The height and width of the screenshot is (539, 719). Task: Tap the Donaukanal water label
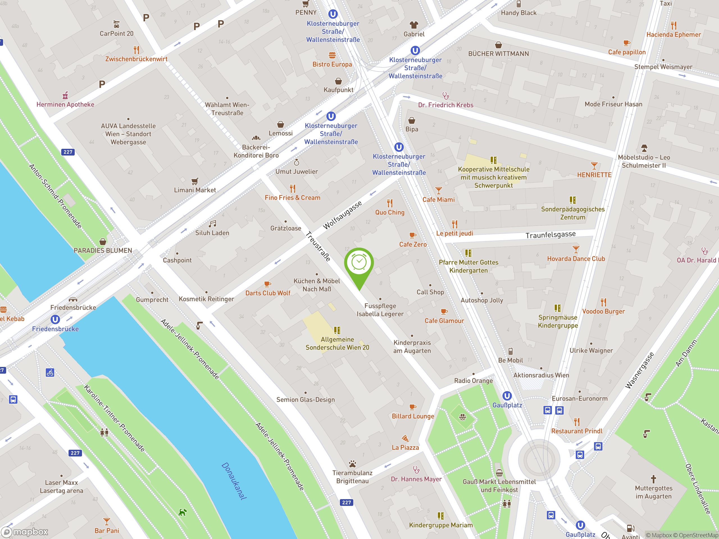point(234,481)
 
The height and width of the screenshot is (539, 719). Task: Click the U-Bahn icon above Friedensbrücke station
point(55,319)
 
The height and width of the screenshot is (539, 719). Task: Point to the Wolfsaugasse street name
point(342,215)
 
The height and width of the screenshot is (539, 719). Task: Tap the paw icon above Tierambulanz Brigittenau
point(352,464)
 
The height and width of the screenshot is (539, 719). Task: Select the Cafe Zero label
point(413,244)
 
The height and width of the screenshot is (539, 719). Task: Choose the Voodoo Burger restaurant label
point(603,311)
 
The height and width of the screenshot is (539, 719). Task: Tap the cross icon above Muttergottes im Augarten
point(653,479)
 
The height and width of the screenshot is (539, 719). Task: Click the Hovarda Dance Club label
point(576,259)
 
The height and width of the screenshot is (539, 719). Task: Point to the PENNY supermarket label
point(306,12)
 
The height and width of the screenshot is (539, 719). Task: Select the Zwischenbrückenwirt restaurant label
point(136,59)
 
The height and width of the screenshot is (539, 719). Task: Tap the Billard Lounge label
point(413,416)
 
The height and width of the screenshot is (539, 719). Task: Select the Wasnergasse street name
point(639,370)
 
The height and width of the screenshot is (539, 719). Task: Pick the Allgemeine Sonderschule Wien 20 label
point(337,343)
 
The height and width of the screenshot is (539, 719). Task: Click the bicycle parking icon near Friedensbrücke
point(50,372)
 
